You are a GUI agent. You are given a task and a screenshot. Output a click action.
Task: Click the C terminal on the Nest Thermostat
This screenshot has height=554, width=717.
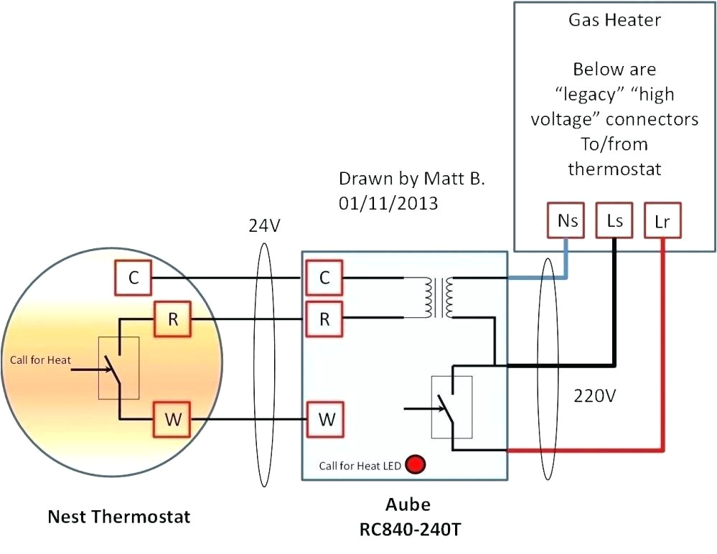pos(133,278)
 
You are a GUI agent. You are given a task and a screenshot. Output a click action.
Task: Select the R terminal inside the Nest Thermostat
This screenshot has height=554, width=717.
pos(173,319)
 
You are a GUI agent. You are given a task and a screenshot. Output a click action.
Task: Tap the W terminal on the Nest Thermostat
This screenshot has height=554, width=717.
pos(172,419)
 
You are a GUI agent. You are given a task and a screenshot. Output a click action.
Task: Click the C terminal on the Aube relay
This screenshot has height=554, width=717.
pos(324,278)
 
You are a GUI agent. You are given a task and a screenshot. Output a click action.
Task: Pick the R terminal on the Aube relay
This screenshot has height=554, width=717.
pos(324,319)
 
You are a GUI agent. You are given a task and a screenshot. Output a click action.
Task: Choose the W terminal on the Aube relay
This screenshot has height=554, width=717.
pos(325,419)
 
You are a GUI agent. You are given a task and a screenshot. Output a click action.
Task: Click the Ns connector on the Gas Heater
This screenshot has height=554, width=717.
pos(568,221)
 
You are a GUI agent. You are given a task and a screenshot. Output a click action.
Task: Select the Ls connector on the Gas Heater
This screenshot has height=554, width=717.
pos(614,221)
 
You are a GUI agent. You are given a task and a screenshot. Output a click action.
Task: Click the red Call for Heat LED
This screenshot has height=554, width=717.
pos(414,465)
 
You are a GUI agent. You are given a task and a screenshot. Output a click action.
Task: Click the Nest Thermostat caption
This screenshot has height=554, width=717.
pos(119,516)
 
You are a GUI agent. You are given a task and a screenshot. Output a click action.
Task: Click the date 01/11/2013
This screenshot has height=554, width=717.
pos(388,203)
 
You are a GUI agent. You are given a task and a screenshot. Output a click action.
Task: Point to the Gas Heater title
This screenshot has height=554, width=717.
pos(614,19)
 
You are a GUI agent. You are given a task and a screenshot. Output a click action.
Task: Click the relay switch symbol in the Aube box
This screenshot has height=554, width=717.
pos(451,407)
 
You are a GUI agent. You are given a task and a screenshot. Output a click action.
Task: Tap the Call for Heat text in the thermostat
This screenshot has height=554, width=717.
pos(41,360)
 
